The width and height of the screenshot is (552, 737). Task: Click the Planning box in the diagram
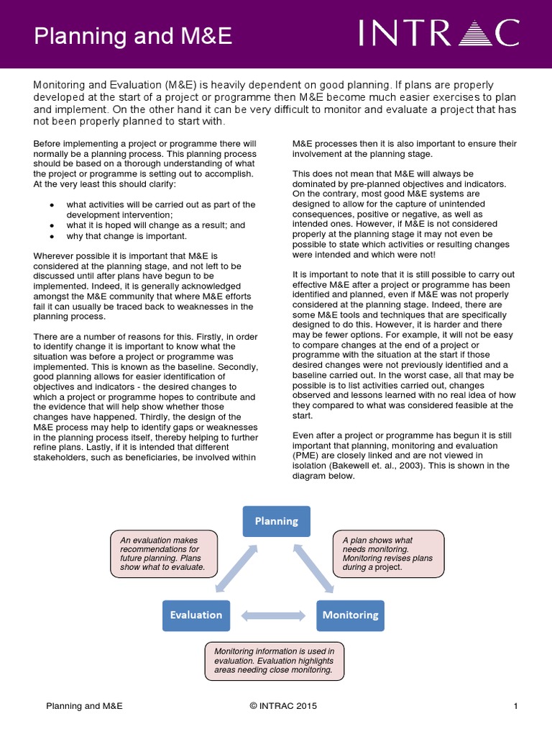pyautogui.click(x=276, y=521)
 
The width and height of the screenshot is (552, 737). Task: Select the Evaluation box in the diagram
pyautogui.click(x=196, y=615)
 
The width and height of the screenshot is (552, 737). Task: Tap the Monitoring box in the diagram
pyautogui.click(x=350, y=615)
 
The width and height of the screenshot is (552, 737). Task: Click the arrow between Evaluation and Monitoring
pyautogui.click(x=273, y=615)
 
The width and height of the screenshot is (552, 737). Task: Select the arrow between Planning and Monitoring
pyautogui.click(x=313, y=569)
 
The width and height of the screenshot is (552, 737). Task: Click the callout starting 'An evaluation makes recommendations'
pyautogui.click(x=162, y=553)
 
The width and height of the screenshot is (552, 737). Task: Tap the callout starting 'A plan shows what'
pyautogui.click(x=388, y=553)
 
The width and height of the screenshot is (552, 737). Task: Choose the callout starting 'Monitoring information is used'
pyautogui.click(x=275, y=660)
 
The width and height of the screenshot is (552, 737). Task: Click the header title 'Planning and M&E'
pyautogui.click(x=133, y=36)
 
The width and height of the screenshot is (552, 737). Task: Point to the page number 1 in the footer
pyautogui.click(x=516, y=706)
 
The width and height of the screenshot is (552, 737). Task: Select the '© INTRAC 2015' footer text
pyautogui.click(x=283, y=706)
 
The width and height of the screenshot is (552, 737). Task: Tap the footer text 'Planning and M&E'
pyautogui.click(x=84, y=706)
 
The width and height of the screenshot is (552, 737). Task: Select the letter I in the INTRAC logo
pyautogui.click(x=364, y=34)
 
